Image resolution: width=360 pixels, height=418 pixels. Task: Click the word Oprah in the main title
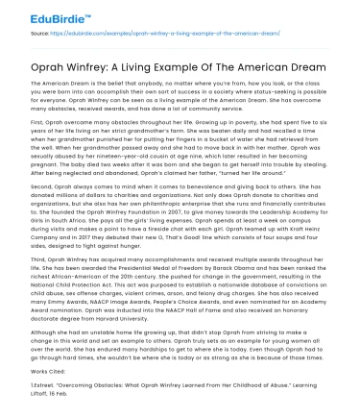pyautogui.click(x=55, y=61)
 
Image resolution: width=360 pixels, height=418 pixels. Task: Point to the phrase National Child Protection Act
pyautogui.click(x=78, y=309)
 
